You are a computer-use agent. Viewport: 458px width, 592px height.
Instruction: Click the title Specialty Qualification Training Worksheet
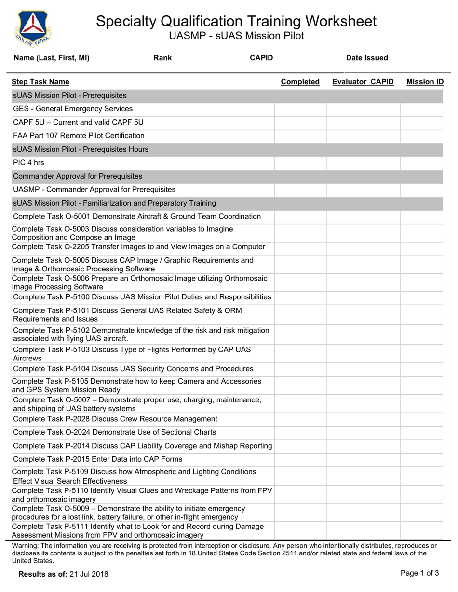click(x=236, y=21)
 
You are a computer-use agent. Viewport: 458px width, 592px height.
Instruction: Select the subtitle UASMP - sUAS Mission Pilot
click(x=236, y=36)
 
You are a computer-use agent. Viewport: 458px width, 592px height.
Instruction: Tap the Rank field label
click(x=162, y=58)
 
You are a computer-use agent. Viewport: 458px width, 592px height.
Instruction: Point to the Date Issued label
click(x=367, y=58)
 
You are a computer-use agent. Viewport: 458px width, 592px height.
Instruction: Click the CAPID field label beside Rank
click(x=261, y=58)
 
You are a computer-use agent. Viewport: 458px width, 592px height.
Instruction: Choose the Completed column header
click(x=300, y=82)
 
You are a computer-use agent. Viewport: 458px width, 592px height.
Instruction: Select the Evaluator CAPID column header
click(x=363, y=82)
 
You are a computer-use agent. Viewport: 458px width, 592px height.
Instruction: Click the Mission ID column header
click(x=425, y=82)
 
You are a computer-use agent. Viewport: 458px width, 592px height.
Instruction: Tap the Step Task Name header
click(x=40, y=82)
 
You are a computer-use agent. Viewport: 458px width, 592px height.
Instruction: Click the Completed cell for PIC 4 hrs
click(x=300, y=163)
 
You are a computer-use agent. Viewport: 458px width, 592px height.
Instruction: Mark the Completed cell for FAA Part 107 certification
click(x=300, y=136)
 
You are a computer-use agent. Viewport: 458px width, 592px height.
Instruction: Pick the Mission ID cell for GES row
click(x=421, y=109)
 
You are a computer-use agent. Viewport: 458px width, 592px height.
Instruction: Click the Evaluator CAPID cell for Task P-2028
click(x=363, y=419)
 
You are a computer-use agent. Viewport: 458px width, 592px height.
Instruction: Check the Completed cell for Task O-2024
click(x=300, y=432)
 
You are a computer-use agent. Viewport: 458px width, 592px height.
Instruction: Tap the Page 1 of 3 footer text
click(x=419, y=573)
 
